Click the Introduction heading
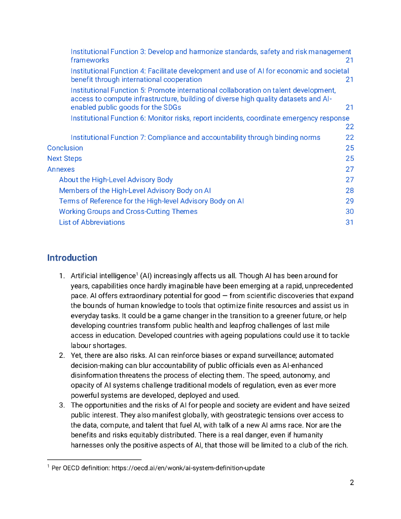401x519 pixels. click(x=72, y=258)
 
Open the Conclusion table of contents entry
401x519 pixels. click(x=65, y=148)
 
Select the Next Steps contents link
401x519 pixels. click(x=64, y=159)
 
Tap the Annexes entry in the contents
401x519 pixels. click(x=61, y=169)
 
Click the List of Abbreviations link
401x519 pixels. click(x=92, y=222)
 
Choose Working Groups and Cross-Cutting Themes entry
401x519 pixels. click(x=128, y=211)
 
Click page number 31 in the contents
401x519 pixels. click(x=349, y=222)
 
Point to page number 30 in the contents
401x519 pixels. click(x=349, y=211)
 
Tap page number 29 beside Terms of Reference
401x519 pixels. click(x=349, y=201)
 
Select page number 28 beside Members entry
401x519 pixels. click(x=349, y=191)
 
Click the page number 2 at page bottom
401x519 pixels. click(x=351, y=483)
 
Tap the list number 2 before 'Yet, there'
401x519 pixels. click(x=61, y=356)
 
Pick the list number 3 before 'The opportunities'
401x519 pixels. click(x=61, y=405)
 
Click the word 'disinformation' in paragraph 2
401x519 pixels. click(x=94, y=376)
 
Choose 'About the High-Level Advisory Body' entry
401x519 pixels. click(x=116, y=180)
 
